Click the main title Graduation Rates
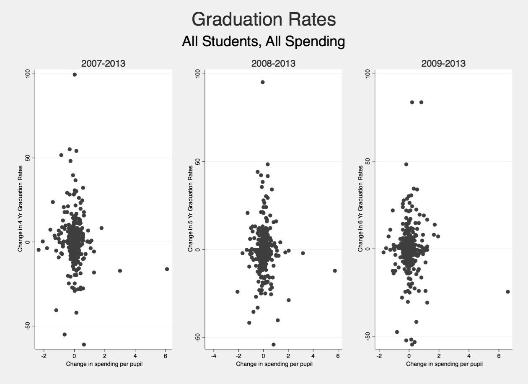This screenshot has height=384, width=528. (x=264, y=19)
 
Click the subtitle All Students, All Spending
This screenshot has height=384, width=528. (x=264, y=42)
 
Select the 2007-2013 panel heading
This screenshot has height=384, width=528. (x=103, y=64)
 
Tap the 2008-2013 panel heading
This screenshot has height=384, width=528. (x=273, y=64)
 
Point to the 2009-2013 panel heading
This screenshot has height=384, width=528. (x=443, y=64)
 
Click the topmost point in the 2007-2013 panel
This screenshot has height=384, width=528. (x=75, y=75)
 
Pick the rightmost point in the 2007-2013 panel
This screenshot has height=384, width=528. (x=167, y=269)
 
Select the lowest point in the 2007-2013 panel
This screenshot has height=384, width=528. (x=84, y=345)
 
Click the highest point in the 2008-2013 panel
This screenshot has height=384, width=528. (x=263, y=82)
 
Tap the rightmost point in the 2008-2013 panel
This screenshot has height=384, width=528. (x=335, y=271)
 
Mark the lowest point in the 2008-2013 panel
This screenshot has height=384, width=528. (x=274, y=345)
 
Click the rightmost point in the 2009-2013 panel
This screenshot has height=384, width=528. (x=508, y=292)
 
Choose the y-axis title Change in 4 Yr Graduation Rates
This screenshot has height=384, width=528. (x=20, y=208)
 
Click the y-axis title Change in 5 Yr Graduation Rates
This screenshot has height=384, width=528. (x=190, y=208)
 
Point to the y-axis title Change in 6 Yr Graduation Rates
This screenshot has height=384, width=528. (x=360, y=208)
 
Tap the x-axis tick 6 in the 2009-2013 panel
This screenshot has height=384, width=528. (x=499, y=356)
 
